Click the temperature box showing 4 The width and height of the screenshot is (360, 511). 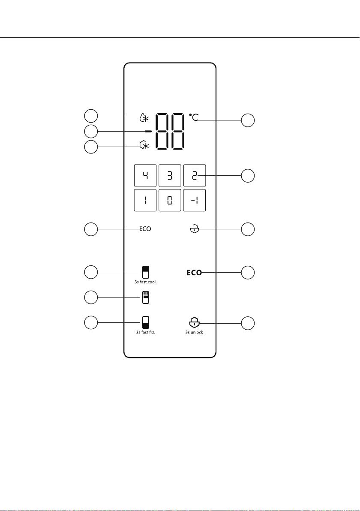click(145, 176)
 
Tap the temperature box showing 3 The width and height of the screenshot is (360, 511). click(170, 176)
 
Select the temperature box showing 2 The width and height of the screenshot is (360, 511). click(195, 176)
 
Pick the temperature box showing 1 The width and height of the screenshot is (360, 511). click(145, 200)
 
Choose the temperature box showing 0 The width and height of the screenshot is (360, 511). click(170, 200)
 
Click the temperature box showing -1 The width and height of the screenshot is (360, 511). click(195, 200)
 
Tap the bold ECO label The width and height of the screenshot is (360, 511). click(194, 273)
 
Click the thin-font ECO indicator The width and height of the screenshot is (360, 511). click(145, 229)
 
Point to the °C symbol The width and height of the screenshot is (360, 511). click(194, 117)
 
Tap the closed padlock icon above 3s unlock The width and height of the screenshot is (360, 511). click(194, 323)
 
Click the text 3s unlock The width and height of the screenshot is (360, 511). click(194, 332)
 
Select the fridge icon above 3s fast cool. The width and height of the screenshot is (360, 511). click(146, 272)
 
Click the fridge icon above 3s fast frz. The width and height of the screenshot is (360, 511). click(146, 322)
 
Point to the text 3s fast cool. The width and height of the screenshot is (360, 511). click(146, 282)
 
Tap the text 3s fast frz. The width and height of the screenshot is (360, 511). click(146, 332)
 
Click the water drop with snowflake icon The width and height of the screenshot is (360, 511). click(144, 117)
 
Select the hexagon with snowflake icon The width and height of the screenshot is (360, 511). click(144, 145)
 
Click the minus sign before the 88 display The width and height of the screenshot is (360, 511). click(148, 131)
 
